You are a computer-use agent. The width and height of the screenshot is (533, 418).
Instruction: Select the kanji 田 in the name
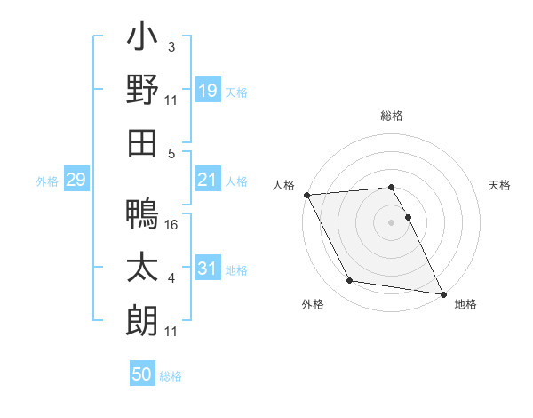point(142,142)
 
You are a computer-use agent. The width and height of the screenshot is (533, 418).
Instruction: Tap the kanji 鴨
point(142,214)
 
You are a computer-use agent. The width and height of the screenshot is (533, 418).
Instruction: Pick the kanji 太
point(142,267)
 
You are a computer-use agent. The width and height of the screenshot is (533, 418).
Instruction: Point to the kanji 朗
point(142,318)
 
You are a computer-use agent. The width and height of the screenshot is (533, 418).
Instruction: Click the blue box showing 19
point(208,90)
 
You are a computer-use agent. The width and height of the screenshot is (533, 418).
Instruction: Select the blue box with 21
point(208,181)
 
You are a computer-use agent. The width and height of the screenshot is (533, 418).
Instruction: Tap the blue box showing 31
point(208,269)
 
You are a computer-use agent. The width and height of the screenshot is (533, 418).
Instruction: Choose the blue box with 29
point(76,181)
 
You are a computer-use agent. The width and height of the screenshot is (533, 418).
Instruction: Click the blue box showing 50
point(142,374)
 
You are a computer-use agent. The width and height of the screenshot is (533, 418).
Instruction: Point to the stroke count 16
point(172,225)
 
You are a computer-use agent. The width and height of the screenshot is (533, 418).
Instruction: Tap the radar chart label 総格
point(392,116)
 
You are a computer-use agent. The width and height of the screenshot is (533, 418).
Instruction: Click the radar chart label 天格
point(499,185)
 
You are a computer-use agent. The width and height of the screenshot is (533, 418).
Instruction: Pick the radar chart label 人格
point(284,185)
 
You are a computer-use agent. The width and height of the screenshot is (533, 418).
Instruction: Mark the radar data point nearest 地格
point(442,293)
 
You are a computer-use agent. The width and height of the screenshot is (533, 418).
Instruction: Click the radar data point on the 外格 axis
point(350,281)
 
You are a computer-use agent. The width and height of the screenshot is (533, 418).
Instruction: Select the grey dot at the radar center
point(392,222)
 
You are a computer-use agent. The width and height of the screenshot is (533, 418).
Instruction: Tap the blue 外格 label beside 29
point(47,181)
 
